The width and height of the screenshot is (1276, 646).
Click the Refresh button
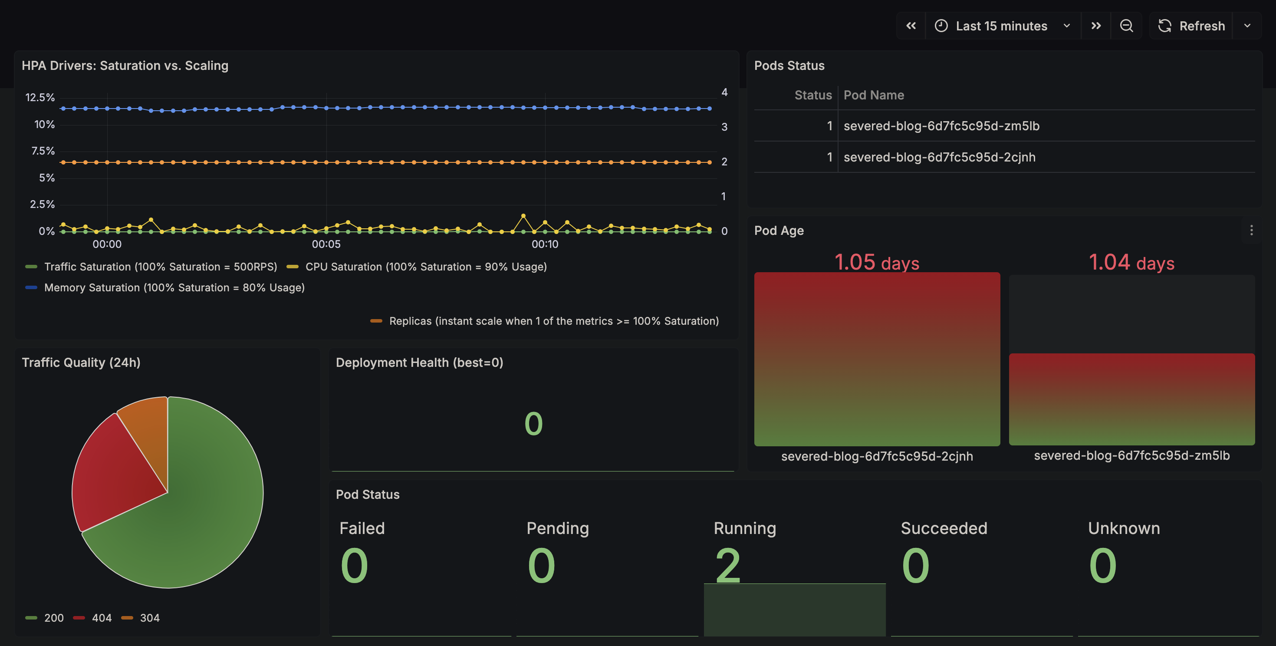[1191, 26]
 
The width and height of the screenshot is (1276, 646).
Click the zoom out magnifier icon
[1126, 26]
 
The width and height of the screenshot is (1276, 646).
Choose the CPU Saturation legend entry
[425, 267]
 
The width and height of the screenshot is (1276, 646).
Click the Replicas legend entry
[553, 321]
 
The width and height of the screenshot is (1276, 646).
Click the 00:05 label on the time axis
[326, 244]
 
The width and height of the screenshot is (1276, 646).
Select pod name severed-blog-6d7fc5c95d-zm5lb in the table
[941, 126]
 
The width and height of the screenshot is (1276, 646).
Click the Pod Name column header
[873, 95]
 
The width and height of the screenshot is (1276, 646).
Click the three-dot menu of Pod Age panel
[1251, 231]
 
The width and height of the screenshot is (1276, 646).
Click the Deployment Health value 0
[533, 424]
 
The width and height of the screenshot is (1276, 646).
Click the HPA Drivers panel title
[125, 66]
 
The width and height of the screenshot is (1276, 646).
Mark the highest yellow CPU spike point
[523, 216]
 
